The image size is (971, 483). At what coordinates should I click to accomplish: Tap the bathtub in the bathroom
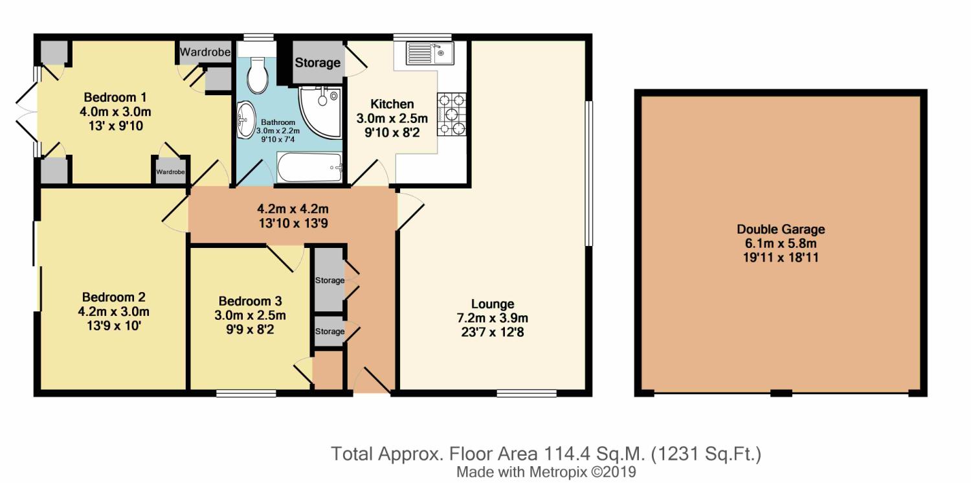(x=309, y=167)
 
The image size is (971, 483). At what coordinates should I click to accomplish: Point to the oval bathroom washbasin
(x=246, y=120)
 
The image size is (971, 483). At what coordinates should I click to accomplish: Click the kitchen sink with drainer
(x=430, y=53)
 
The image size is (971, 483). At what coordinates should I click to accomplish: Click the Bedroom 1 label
(x=115, y=97)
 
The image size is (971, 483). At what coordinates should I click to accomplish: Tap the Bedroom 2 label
(x=113, y=297)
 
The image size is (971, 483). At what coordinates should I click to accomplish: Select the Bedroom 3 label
(x=250, y=301)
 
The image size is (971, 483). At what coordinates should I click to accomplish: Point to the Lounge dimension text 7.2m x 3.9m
(x=493, y=319)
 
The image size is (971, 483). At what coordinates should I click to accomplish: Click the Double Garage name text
(x=781, y=229)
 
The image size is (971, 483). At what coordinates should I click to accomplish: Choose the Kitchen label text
(x=392, y=104)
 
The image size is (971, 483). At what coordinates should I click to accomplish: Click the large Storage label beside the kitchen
(x=318, y=63)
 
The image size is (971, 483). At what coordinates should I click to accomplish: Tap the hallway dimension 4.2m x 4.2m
(x=293, y=209)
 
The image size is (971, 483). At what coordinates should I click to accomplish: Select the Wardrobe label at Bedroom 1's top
(x=205, y=52)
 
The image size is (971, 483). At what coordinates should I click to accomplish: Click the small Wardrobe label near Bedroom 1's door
(x=170, y=172)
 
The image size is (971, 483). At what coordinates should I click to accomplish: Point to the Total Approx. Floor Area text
(x=546, y=454)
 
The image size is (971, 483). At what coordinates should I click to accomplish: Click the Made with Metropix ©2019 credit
(x=546, y=472)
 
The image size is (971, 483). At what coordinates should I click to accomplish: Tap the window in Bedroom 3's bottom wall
(x=246, y=393)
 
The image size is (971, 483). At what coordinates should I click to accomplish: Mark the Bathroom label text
(x=278, y=123)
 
